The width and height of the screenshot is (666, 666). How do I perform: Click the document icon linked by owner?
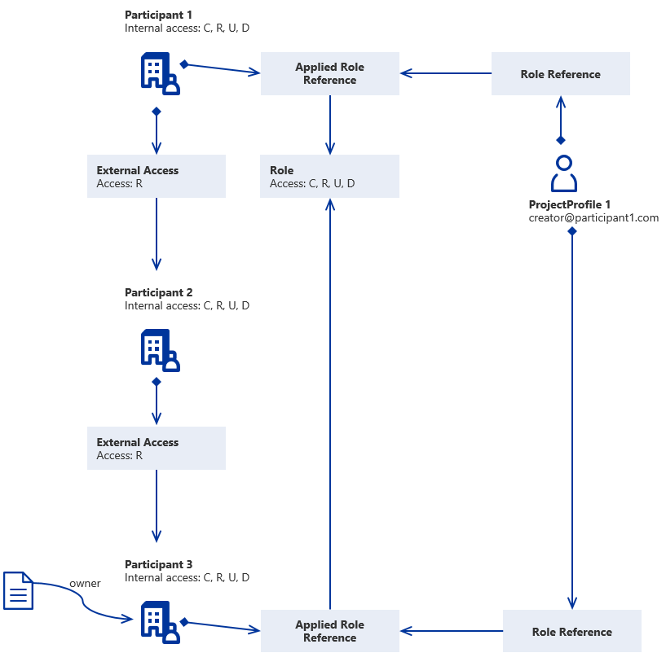(19, 590)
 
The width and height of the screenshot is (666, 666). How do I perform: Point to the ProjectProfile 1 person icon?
(564, 173)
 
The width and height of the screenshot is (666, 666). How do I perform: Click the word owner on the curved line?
(85, 584)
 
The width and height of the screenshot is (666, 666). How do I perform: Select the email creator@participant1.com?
(593, 217)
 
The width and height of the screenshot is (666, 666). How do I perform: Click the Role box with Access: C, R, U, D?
(330, 177)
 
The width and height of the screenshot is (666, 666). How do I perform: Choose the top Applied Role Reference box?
(330, 73)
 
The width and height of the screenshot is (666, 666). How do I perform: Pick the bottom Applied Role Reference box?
(330, 631)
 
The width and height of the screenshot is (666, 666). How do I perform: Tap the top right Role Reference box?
(560, 74)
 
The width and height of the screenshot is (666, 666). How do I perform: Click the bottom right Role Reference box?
(571, 631)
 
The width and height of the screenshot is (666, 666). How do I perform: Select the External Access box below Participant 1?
(157, 177)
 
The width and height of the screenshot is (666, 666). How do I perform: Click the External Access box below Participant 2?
(157, 449)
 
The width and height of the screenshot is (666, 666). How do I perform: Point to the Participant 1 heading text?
(158, 15)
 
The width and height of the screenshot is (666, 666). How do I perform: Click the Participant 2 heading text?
(158, 292)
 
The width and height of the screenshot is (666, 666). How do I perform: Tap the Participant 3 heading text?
(158, 564)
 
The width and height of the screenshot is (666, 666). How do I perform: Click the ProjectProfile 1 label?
(569, 204)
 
